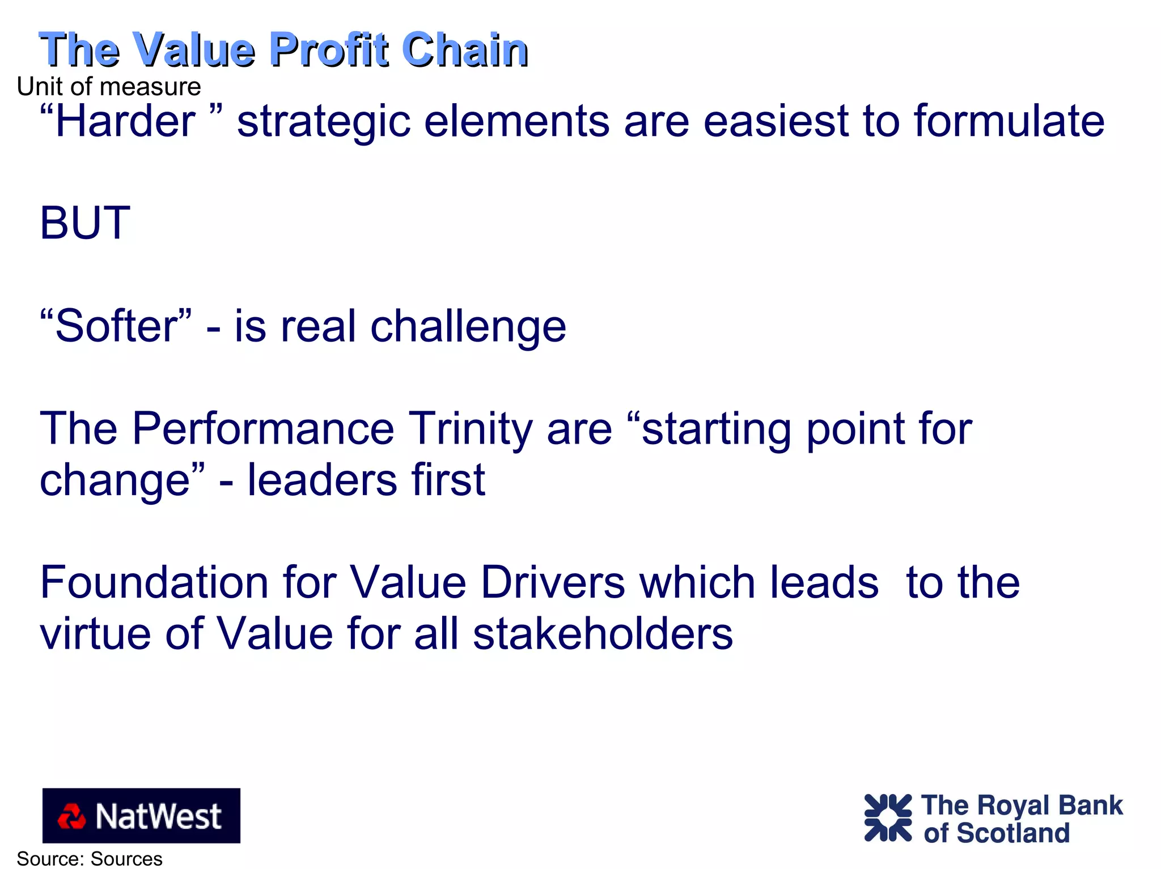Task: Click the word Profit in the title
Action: [329, 50]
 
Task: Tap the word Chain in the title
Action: [465, 50]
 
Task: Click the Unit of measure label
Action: [109, 87]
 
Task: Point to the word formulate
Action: [1009, 121]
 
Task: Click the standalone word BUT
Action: [85, 223]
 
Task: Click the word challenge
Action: [468, 327]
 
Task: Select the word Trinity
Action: [471, 429]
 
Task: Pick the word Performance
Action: [263, 429]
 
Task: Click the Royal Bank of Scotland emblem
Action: [888, 817]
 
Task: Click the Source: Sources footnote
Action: [90, 859]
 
